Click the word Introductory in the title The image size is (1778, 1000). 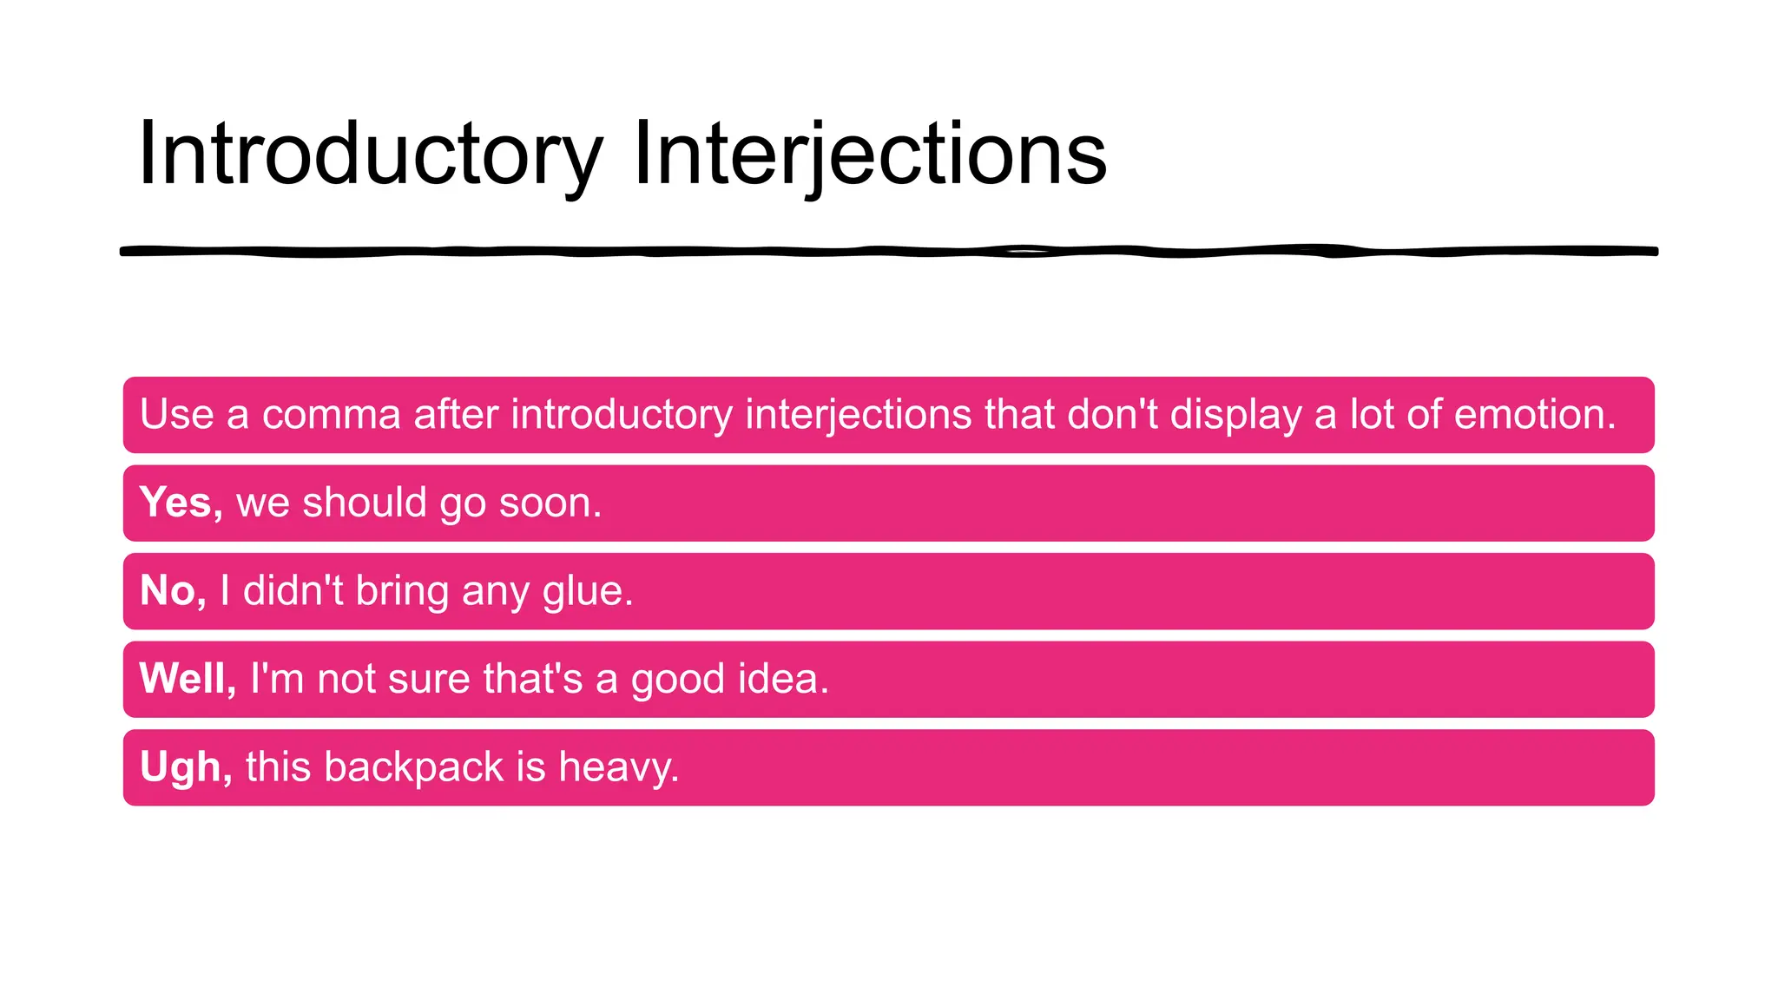pos(370,155)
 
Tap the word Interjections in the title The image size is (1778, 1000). pos(870,155)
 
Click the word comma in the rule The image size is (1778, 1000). pos(331,415)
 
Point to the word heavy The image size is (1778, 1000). pos(617,767)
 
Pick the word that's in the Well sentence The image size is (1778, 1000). pos(532,679)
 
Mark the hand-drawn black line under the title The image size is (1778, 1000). pos(889,252)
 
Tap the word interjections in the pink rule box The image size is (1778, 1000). pos(858,415)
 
